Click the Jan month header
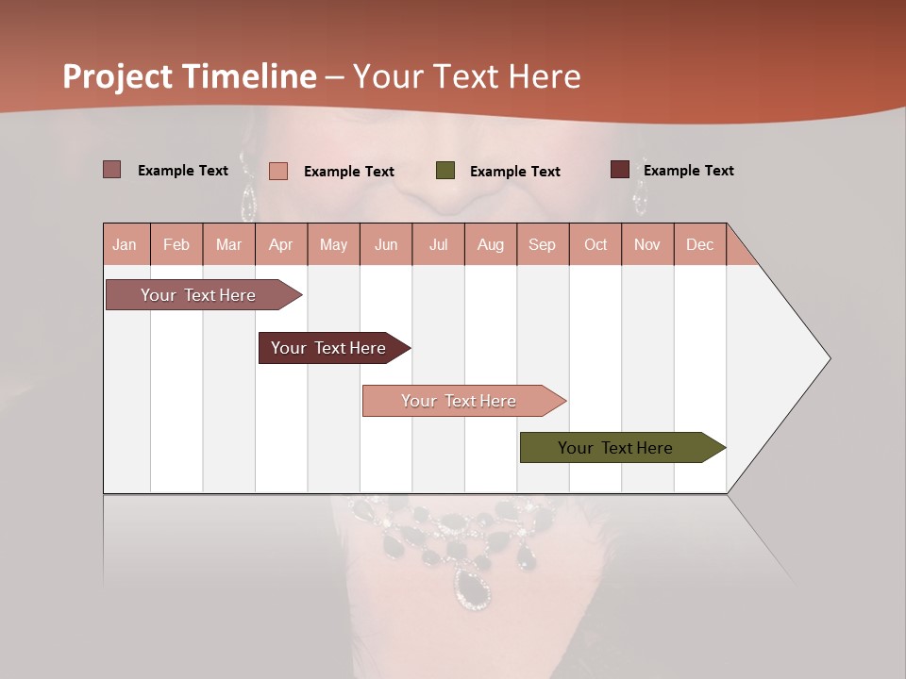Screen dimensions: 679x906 click(125, 244)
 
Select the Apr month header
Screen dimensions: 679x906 click(280, 244)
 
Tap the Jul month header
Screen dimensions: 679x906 click(438, 244)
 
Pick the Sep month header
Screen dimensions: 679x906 click(542, 244)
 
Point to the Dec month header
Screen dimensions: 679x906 click(699, 244)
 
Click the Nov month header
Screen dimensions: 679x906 click(646, 244)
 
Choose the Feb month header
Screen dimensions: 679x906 click(176, 244)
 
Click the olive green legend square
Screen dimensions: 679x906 click(445, 171)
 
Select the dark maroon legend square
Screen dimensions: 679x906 click(619, 170)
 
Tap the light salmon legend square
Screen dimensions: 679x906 click(278, 171)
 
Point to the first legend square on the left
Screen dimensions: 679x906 click(112, 170)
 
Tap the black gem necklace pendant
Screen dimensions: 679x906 click(473, 587)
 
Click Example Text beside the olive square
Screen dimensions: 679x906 click(514, 172)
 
